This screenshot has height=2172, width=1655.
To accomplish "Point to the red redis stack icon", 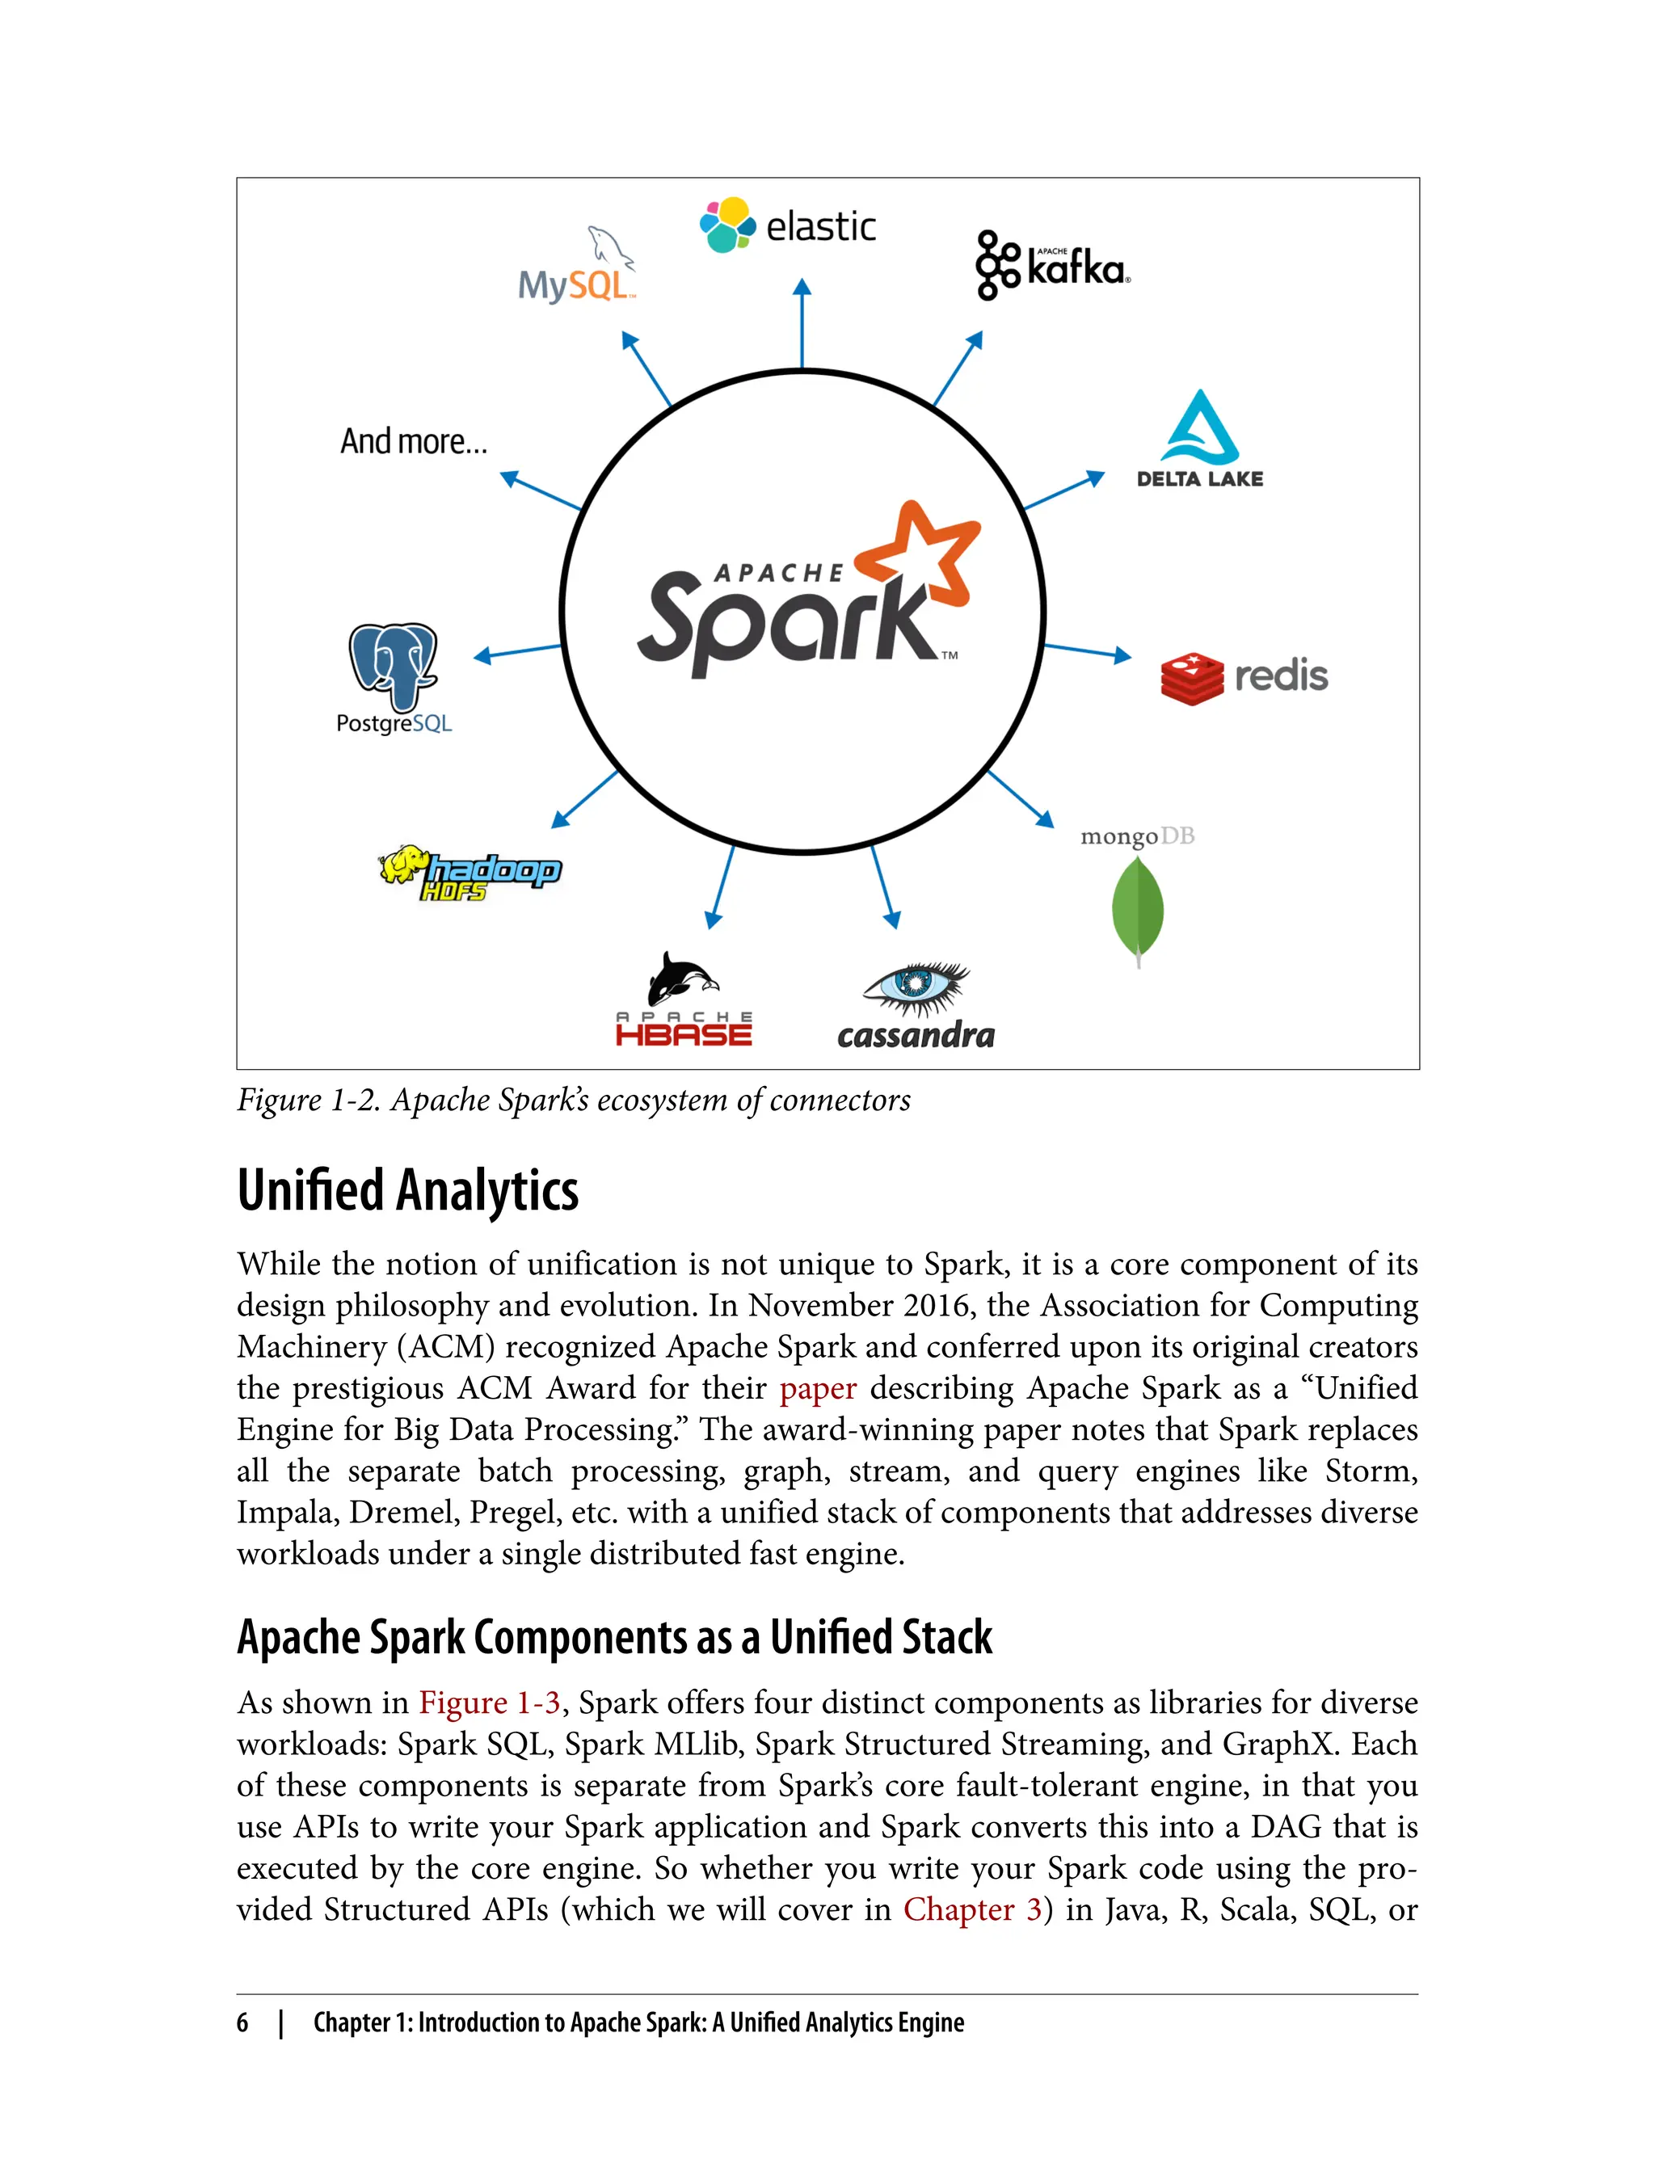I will (x=1191, y=679).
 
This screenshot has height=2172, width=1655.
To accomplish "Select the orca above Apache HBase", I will (x=683, y=979).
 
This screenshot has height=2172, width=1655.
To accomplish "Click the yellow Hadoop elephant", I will (x=405, y=865).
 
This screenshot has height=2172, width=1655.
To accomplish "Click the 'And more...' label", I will (x=414, y=441).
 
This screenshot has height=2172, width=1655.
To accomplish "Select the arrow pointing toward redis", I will (x=1088, y=651).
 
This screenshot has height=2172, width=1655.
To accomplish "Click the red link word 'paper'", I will (x=818, y=1388).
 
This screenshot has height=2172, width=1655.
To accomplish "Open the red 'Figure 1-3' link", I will (x=490, y=1703).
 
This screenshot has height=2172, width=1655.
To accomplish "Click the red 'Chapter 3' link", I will (x=972, y=1909).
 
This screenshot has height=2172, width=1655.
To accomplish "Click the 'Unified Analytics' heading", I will (x=408, y=1190).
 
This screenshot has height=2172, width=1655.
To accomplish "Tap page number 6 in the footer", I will (x=242, y=2023).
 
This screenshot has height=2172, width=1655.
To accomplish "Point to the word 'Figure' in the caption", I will (x=280, y=1101).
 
